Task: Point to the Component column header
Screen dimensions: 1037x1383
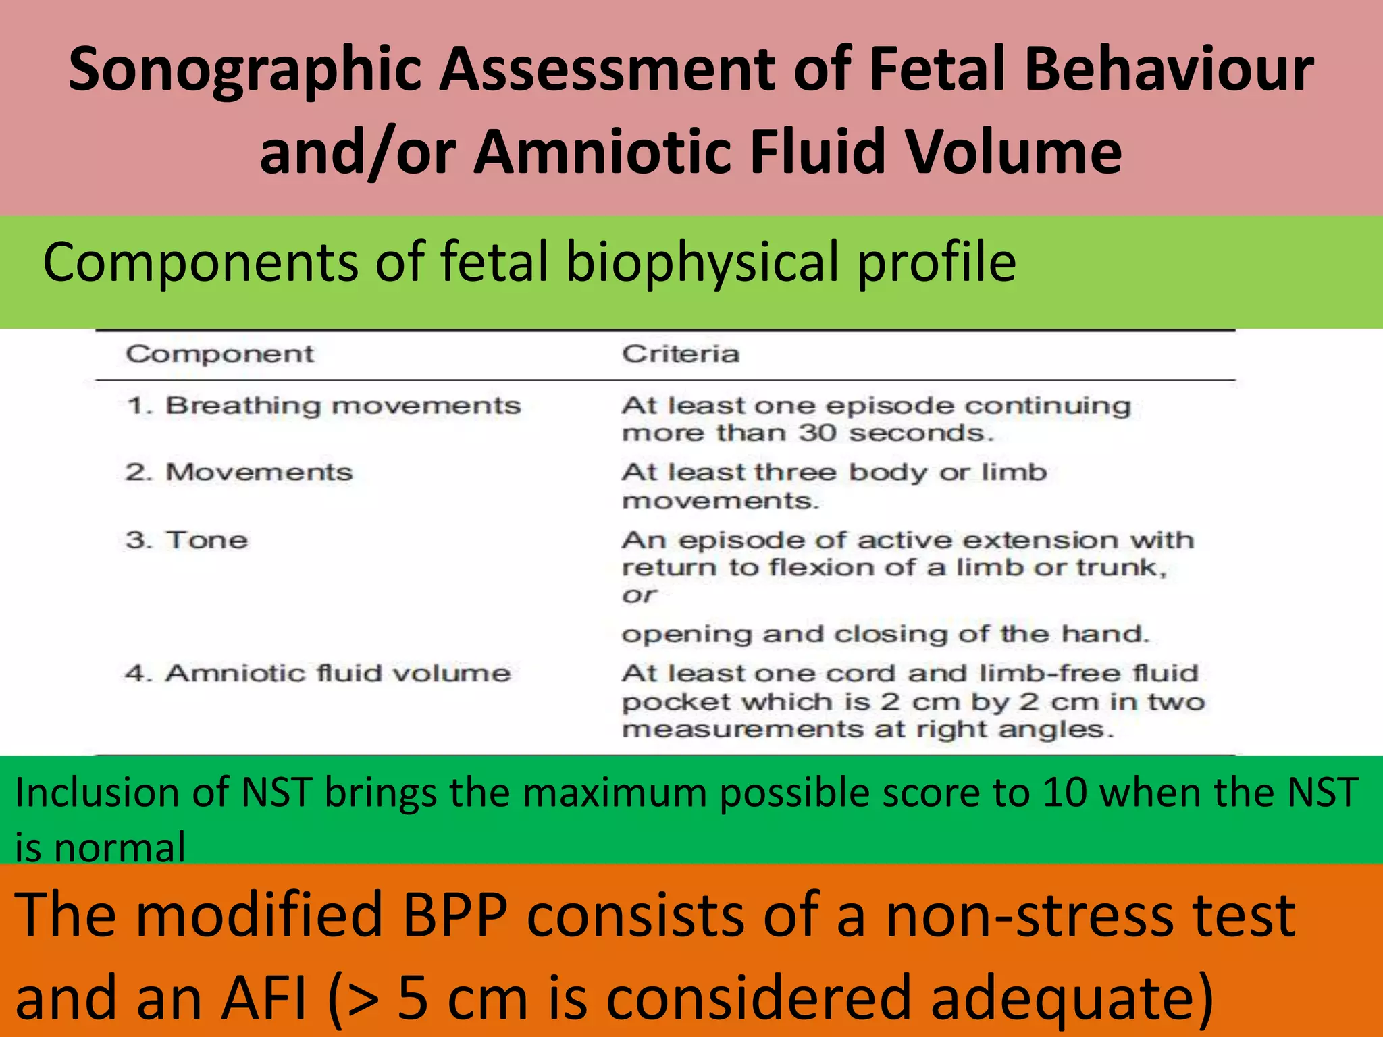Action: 219,354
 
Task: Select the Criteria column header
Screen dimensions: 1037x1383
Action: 680,354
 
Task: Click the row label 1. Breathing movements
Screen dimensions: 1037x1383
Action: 323,406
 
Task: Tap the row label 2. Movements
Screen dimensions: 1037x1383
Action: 239,472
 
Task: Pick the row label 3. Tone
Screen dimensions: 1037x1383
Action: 187,540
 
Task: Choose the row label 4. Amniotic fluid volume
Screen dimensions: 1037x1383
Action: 318,673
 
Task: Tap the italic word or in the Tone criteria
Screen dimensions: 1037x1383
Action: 639,595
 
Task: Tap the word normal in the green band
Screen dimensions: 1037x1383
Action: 120,848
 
